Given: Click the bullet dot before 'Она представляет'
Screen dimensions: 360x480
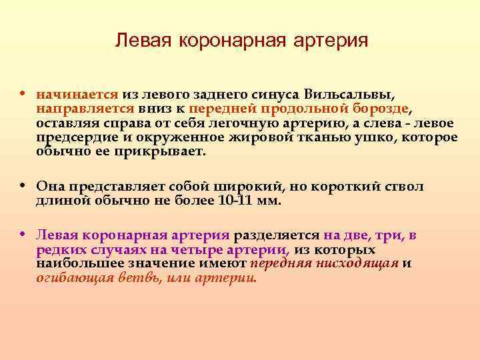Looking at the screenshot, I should pyautogui.click(x=23, y=186).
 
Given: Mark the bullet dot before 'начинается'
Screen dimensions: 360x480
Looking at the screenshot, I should pyautogui.click(x=23, y=93).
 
